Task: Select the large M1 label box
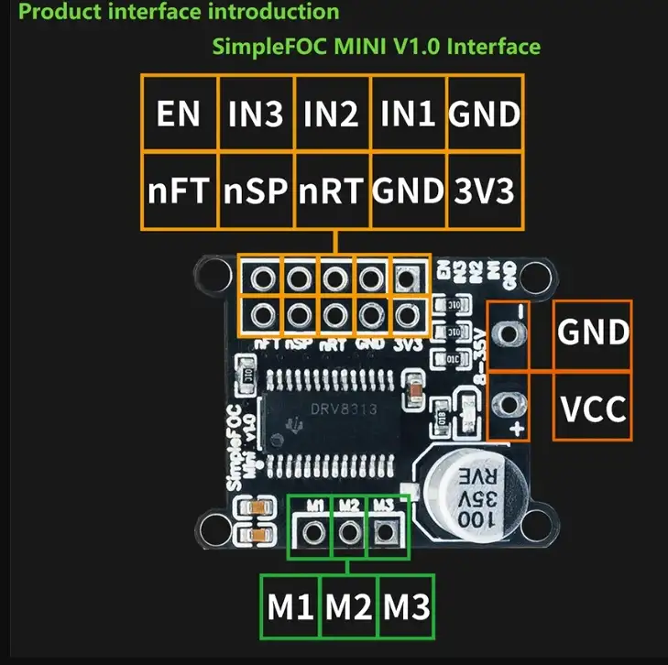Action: click(x=290, y=606)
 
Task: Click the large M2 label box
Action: click(x=349, y=606)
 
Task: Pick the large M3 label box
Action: click(x=407, y=606)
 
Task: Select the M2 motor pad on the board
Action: click(x=347, y=530)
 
